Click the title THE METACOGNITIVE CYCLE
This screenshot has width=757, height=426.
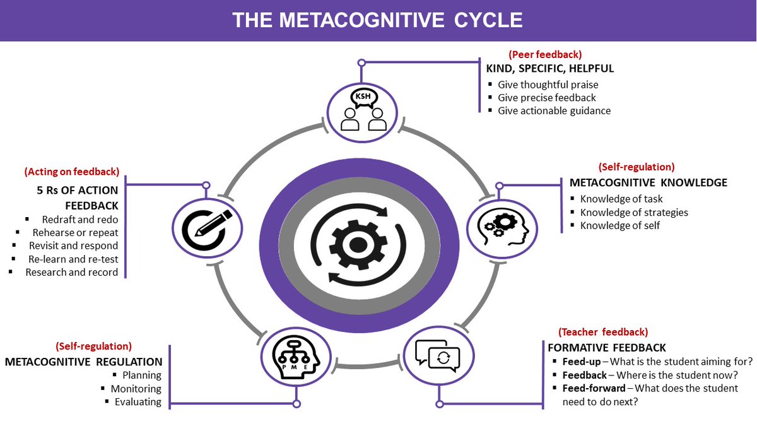pos(377,20)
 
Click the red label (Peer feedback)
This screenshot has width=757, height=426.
pos(545,54)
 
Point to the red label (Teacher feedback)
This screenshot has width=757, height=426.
pos(602,331)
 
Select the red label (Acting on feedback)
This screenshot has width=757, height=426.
pos(71,171)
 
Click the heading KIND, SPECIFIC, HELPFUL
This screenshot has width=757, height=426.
pos(549,68)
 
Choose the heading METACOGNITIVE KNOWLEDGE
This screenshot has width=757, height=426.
pos(648,182)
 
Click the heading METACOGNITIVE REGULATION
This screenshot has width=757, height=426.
pos(83,362)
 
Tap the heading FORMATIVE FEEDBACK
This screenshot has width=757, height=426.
pos(606,348)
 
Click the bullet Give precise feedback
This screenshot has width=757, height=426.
pos(546,97)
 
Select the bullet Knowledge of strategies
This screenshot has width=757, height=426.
pos(633,212)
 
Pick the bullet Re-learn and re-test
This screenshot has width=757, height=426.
pos(73,259)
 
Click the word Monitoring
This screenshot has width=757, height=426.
pos(136,389)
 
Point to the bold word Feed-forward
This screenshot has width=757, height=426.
pos(593,388)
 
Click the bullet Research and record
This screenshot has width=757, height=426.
pos(71,272)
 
